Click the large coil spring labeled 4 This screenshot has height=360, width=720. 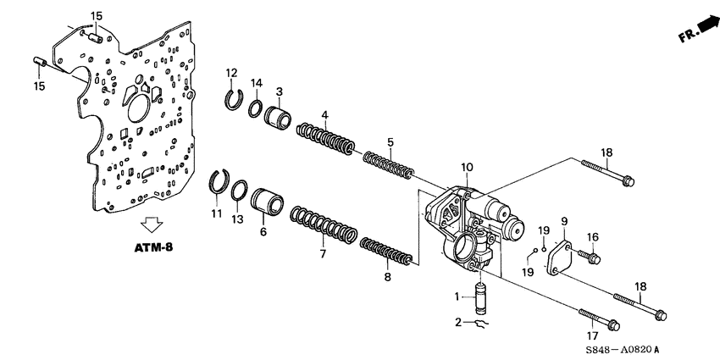(325, 138)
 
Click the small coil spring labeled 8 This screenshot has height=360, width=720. (386, 252)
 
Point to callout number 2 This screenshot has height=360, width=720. (458, 323)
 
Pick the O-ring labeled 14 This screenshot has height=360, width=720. (254, 108)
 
